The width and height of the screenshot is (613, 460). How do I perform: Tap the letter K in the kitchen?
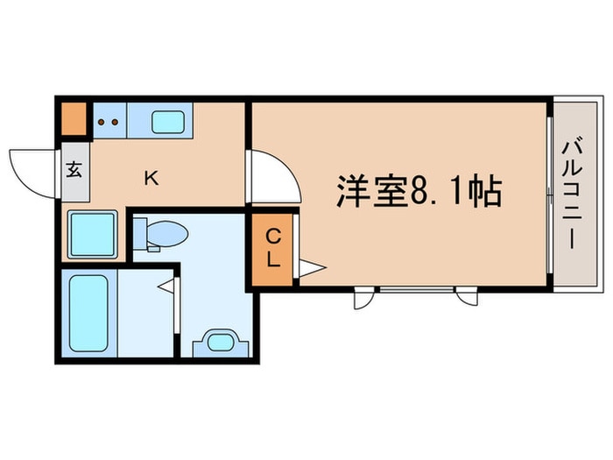coord(151,179)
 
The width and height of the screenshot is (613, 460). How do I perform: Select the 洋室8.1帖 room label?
coord(419,192)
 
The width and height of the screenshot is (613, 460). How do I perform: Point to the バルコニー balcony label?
coord(572,193)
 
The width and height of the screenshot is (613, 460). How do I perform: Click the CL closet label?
coord(273,248)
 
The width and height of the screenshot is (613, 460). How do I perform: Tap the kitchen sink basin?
coord(168,122)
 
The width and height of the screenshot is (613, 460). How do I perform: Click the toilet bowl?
coord(168,234)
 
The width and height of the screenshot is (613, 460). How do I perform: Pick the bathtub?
coord(88,314)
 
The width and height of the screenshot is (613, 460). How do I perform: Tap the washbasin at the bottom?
coord(221,343)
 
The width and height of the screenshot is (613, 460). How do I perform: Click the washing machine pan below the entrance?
coord(93,234)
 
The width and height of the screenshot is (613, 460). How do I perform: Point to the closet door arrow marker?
coord(312,268)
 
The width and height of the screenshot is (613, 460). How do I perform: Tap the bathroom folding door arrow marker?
coord(166,286)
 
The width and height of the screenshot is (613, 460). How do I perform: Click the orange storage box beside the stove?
coord(74,119)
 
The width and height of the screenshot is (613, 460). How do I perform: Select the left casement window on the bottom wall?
coord(363,298)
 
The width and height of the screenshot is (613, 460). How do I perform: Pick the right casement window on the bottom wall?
coord(467,296)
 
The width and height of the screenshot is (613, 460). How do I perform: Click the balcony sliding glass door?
coord(549,195)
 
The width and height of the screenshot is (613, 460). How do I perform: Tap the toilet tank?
coord(139,234)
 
